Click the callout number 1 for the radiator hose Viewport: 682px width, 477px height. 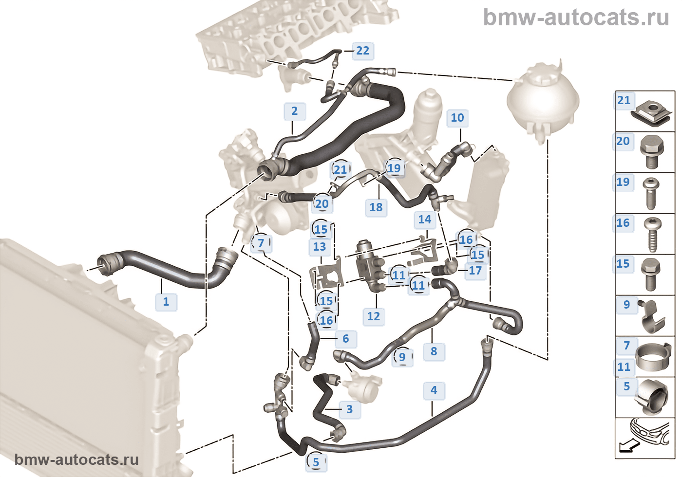[166, 302]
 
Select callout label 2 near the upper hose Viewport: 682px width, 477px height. [294, 111]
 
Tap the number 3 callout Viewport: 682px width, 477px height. [349, 409]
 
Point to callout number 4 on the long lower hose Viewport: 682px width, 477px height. [434, 390]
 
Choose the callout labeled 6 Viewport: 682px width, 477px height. [345, 339]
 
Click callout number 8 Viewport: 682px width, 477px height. [434, 351]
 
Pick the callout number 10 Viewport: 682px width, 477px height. [457, 118]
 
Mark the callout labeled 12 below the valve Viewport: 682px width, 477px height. [373, 316]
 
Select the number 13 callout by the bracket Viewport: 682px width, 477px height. [319, 247]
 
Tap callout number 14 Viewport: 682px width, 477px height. [424, 220]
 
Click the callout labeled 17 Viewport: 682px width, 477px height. [475, 271]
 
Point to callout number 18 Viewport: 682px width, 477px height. [376, 207]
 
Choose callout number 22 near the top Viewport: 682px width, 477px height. [362, 51]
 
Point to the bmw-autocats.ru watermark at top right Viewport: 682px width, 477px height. [576, 18]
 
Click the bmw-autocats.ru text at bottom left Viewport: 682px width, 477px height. [76, 460]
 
